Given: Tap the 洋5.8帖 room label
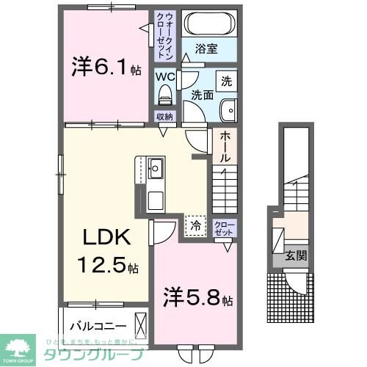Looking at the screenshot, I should tap(198, 299).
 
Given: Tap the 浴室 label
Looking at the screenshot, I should tap(208, 49).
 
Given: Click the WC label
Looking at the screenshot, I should tap(163, 75).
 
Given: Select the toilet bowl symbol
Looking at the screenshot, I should tap(164, 95).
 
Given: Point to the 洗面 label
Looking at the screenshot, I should tap(202, 95).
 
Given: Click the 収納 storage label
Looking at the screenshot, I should tap(164, 117).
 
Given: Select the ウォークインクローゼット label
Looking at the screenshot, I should tap(163, 35).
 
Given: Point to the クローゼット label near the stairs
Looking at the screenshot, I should tap(224, 228).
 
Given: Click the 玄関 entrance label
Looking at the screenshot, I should tap(297, 255).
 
